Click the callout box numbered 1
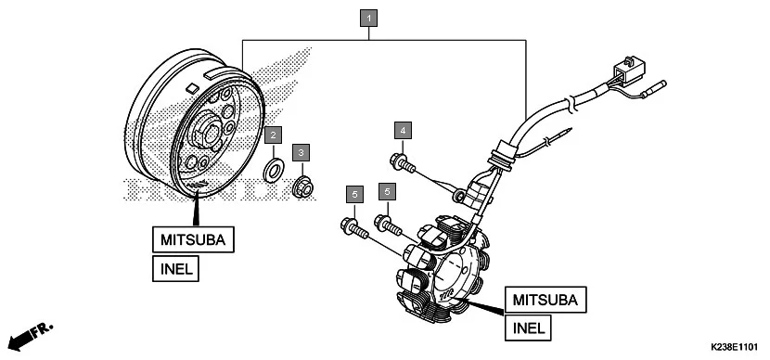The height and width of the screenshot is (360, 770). [x=369, y=17]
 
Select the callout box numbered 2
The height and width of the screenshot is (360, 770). [x=272, y=135]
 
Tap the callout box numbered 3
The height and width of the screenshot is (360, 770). [x=301, y=151]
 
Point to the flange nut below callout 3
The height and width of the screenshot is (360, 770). [x=302, y=187]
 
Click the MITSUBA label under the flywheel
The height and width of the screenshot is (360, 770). [x=194, y=240]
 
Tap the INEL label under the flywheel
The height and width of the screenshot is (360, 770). [x=176, y=270]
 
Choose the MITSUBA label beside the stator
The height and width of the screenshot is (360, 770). [x=545, y=300]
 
